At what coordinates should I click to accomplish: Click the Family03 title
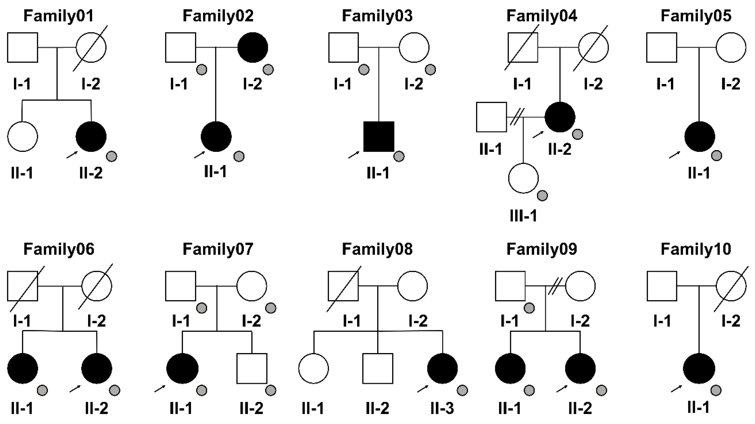[x=377, y=16]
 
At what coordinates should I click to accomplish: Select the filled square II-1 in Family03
[x=379, y=137]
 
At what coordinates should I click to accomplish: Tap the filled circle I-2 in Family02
[x=253, y=48]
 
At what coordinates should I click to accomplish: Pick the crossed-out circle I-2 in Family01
[x=91, y=48]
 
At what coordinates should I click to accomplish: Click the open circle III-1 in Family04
[x=523, y=178]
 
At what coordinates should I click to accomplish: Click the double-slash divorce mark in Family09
[x=555, y=286]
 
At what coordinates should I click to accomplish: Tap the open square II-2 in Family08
[x=377, y=368]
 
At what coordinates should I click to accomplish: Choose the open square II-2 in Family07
[x=252, y=368]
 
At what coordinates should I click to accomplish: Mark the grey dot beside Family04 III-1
[x=542, y=196]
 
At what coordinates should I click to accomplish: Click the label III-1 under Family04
[x=523, y=216]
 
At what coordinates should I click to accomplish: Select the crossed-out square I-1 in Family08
[x=343, y=286]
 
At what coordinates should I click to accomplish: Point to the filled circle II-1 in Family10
[x=699, y=368]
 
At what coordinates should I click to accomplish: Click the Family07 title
[x=218, y=249]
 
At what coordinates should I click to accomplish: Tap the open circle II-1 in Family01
[x=23, y=137]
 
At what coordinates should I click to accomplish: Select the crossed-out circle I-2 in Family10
[x=731, y=286]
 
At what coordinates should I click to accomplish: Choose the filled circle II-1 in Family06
[x=23, y=368]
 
